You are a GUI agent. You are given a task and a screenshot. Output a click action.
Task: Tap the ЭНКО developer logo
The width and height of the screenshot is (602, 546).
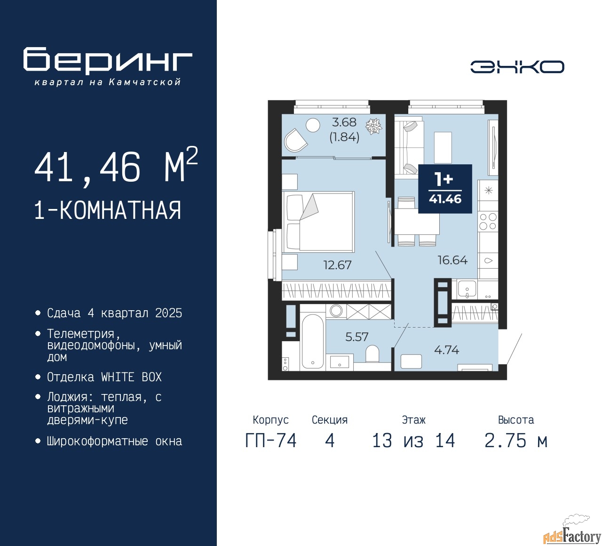coord(517,67)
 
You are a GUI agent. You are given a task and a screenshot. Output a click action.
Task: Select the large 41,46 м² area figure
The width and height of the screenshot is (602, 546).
coord(116,167)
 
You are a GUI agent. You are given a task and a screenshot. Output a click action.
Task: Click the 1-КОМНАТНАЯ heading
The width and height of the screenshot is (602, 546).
coord(108,210)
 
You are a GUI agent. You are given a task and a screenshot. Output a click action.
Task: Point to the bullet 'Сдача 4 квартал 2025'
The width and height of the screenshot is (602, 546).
coord(114,313)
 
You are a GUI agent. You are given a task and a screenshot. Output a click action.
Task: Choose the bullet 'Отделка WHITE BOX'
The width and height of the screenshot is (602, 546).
coord(104,377)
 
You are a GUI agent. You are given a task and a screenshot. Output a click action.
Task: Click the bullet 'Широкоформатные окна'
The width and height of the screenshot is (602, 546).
coord(114,442)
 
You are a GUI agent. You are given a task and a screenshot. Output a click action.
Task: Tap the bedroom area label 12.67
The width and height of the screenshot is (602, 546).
coord(337,265)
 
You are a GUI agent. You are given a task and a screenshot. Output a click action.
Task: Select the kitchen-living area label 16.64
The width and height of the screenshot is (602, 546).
coord(452,260)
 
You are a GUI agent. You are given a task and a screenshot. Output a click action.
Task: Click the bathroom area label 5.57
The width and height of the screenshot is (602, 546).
coord(356,337)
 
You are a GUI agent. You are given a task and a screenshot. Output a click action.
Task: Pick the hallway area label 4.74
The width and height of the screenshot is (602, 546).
coord(446,350)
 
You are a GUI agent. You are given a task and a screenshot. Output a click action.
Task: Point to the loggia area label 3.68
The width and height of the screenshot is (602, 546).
coord(344,122)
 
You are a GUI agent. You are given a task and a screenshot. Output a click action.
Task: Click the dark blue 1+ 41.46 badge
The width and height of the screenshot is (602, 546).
coord(445,189)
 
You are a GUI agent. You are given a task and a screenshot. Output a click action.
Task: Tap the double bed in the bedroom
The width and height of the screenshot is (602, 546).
coord(318,221)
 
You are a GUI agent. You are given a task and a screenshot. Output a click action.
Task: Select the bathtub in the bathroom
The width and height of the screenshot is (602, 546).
coord(312,341)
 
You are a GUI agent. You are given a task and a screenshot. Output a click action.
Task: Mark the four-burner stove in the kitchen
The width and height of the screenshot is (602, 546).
coord(488,221)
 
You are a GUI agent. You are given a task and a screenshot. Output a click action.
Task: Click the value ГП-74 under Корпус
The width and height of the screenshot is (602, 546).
coord(271,441)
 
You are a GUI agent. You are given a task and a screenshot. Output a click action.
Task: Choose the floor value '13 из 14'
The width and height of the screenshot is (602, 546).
coord(413,441)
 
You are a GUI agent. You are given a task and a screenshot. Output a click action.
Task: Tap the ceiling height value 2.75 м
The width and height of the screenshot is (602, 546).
coord(515,441)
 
